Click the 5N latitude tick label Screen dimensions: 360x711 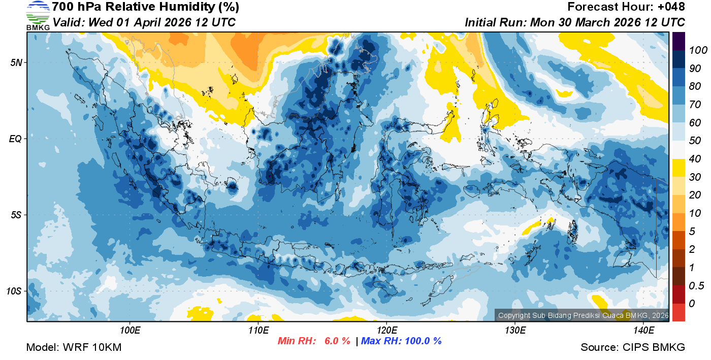pyautogui.click(x=16, y=62)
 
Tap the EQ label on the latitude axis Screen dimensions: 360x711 pyautogui.click(x=16, y=139)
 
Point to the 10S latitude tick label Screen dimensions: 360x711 pyautogui.click(x=14, y=291)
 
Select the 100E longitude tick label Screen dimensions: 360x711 pyautogui.click(x=130, y=330)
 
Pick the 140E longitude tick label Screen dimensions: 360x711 pyautogui.click(x=643, y=330)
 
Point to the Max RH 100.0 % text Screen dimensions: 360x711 pyautogui.click(x=401, y=341)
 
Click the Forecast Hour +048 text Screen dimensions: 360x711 pyautogui.click(x=626, y=7)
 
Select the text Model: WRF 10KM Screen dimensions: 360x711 pyautogui.click(x=74, y=348)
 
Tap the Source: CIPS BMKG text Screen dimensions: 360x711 pyautogui.click(x=633, y=348)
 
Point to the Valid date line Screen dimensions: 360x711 pyautogui.click(x=144, y=23)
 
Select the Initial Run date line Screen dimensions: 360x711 pyautogui.click(x=575, y=23)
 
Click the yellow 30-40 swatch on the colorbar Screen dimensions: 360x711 pyautogui.click(x=678, y=168)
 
